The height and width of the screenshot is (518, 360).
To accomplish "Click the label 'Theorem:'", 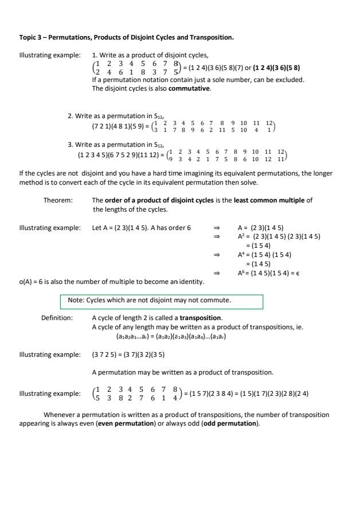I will (x=58, y=200).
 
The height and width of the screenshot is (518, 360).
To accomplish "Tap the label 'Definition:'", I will (x=57, y=317).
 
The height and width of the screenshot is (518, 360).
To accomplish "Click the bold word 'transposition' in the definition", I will (x=200, y=317).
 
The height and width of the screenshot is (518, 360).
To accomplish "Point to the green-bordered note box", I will (x=161, y=301).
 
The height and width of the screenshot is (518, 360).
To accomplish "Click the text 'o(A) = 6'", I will (x=32, y=282).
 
